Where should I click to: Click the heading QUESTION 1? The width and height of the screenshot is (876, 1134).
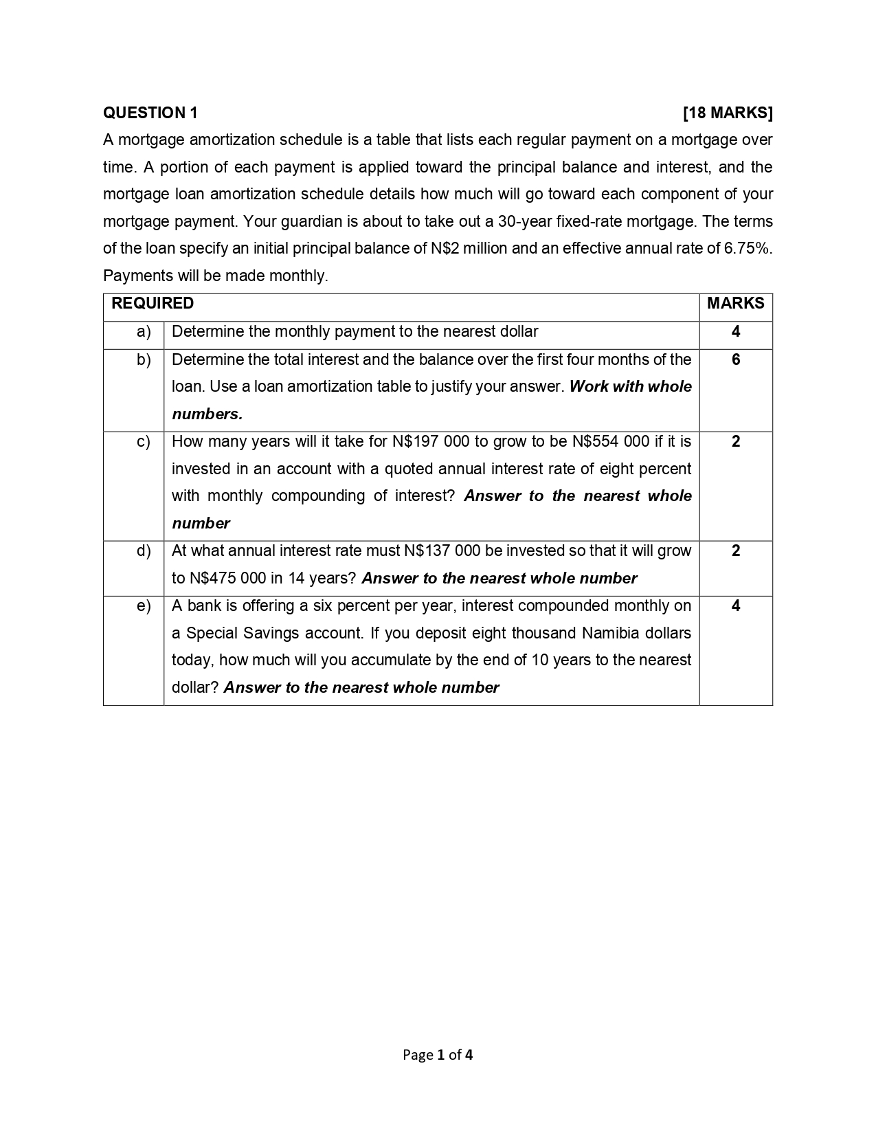[150, 113]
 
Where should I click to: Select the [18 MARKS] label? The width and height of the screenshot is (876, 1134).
[728, 113]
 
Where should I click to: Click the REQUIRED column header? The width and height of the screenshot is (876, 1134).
[153, 304]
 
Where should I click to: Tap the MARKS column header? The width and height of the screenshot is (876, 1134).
[735, 304]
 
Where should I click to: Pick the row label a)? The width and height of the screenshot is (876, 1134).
[143, 332]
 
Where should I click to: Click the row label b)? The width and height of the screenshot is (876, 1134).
[143, 359]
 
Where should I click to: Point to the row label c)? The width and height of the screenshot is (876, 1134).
[143, 441]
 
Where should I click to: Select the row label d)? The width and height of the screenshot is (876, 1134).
[143, 551]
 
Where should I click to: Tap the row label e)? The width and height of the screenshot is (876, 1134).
[143, 605]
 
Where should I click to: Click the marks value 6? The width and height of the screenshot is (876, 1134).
[735, 359]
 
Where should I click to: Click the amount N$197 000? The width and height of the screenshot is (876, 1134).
[430, 441]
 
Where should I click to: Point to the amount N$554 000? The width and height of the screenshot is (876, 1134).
[610, 441]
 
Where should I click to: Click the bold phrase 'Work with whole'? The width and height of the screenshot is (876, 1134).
[630, 387]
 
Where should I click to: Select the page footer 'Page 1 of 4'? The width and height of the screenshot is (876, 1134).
[438, 1055]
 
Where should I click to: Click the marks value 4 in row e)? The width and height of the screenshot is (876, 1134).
[735, 605]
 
